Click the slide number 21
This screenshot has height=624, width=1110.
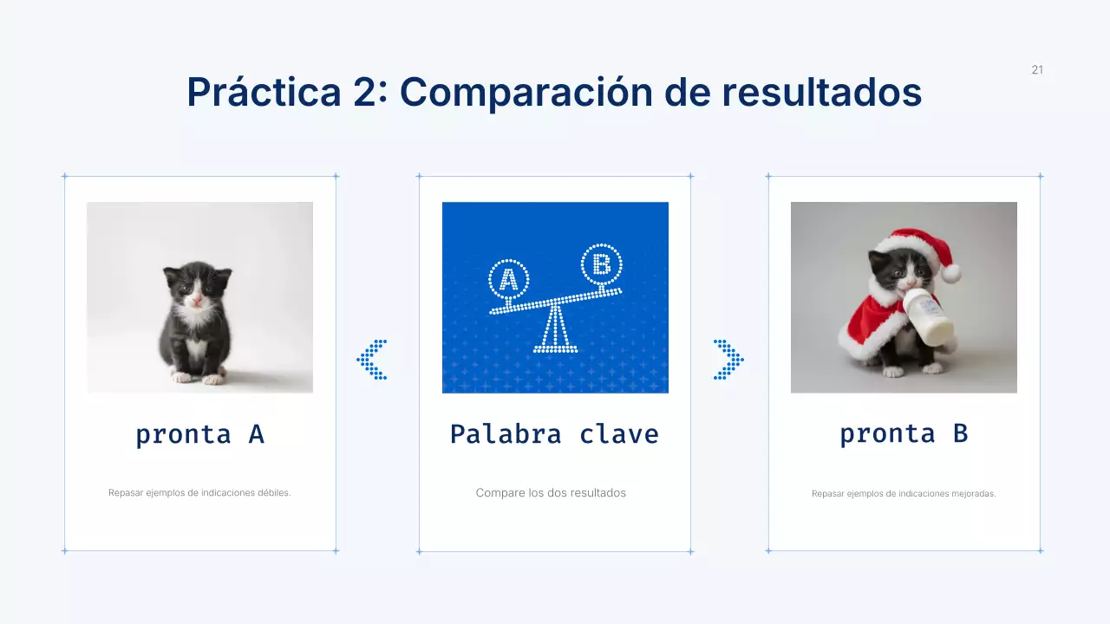[x=1037, y=70]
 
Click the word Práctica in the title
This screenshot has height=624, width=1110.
[x=264, y=92]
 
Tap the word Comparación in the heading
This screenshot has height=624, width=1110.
[x=526, y=92]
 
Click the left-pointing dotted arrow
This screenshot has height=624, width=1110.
[x=373, y=360]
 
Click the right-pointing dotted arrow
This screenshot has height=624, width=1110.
[x=728, y=360]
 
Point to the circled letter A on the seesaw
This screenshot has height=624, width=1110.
[x=509, y=279]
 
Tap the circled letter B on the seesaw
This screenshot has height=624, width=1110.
[x=601, y=263]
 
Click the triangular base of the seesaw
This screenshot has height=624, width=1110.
[x=555, y=332]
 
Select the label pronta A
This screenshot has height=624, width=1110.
[x=199, y=434]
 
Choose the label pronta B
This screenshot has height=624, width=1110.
[x=904, y=433]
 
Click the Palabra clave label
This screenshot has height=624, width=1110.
[x=554, y=434]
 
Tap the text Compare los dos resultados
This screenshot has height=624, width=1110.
[x=551, y=493]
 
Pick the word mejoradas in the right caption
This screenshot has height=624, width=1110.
[x=974, y=494]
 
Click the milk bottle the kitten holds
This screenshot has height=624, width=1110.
[x=930, y=317]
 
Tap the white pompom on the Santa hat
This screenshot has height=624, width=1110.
[x=951, y=274]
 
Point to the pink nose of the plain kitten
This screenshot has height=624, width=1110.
[x=197, y=300]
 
